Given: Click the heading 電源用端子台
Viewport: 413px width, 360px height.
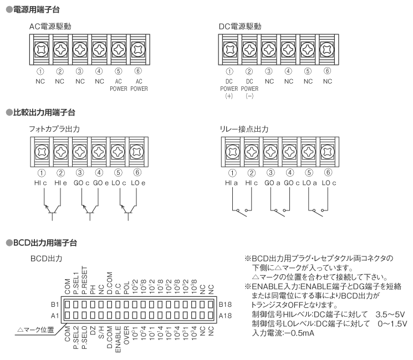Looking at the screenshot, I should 33,9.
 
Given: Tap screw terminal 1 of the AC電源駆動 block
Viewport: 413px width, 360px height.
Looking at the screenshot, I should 40,49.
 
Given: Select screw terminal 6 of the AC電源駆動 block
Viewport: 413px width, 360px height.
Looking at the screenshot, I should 138,49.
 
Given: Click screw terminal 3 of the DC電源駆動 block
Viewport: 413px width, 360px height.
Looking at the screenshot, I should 269,49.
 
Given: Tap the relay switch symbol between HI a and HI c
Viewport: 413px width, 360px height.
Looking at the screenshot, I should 239,210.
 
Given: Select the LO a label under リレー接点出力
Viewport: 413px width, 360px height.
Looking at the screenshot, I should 308,183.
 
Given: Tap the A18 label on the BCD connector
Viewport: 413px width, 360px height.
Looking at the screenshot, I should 226,316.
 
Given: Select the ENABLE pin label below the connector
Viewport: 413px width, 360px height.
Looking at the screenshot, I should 119,339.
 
